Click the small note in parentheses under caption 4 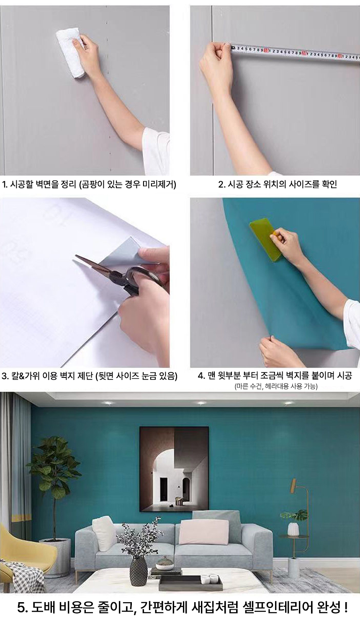pos(275,387)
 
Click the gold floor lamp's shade pos(293,485)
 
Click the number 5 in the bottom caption pos(21,608)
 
